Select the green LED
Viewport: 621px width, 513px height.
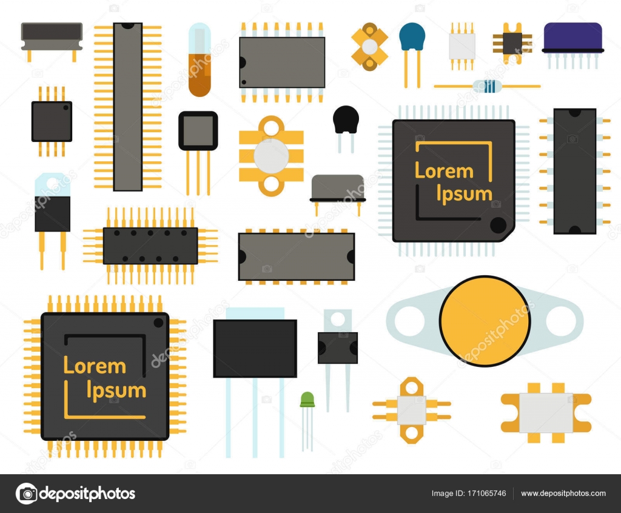[x=307, y=399]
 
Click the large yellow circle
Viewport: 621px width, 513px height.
[x=485, y=321]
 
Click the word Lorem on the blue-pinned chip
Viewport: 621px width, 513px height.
[x=444, y=171]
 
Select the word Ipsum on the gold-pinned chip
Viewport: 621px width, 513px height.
[x=116, y=391]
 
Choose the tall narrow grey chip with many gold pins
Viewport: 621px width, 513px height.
[x=127, y=107]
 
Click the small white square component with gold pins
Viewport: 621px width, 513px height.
[x=462, y=45]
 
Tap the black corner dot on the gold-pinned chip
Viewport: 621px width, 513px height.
[x=159, y=322]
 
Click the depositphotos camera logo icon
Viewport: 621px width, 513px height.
[x=26, y=494]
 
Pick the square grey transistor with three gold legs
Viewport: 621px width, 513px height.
[x=198, y=130]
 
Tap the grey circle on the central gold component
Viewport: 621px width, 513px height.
[x=271, y=156]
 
